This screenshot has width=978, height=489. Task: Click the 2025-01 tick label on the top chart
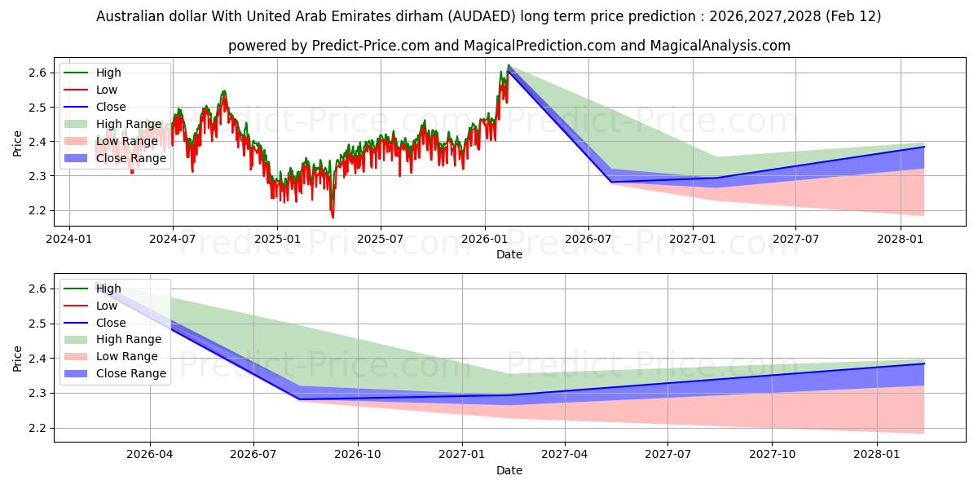[276, 240]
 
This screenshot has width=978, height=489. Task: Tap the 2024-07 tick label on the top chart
[172, 240]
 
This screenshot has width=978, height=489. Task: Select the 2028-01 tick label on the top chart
[901, 240]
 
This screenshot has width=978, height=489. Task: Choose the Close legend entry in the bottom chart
[111, 323]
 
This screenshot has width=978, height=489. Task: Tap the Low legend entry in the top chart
[107, 90]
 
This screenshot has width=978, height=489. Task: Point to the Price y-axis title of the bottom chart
[17, 358]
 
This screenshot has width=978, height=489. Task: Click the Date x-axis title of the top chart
[509, 254]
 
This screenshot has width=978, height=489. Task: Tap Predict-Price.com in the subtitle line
[371, 46]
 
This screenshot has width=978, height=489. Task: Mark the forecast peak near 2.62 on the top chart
[509, 65]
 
